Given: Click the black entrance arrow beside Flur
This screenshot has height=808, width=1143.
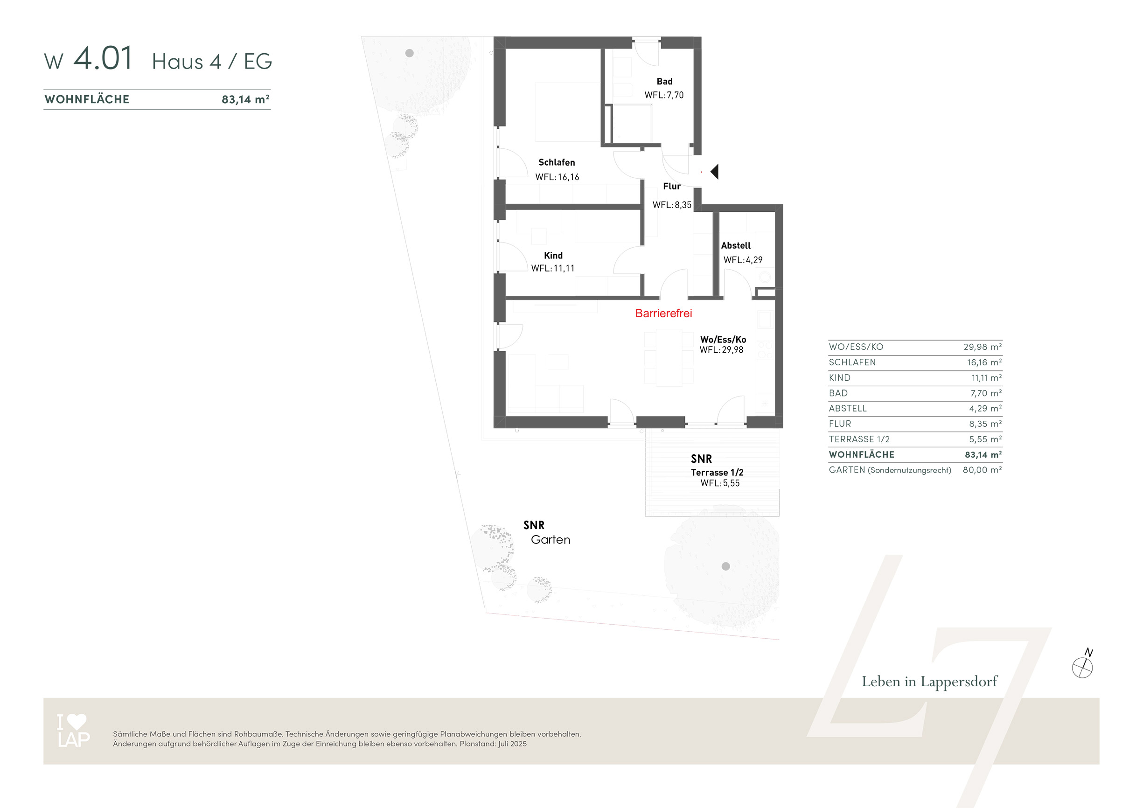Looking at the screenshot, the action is pyautogui.click(x=715, y=172).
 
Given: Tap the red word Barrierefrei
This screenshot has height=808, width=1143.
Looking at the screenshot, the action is pyautogui.click(x=663, y=313).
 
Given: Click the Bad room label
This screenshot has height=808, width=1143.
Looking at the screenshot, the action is pyautogui.click(x=665, y=81).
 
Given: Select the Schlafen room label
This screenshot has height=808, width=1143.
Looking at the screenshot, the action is pyautogui.click(x=557, y=162).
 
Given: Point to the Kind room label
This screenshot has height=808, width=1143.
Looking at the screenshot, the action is pyautogui.click(x=553, y=255).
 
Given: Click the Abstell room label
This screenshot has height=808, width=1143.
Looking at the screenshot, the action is pyautogui.click(x=736, y=245).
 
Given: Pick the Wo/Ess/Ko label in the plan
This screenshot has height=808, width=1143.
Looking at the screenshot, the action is pyautogui.click(x=723, y=340).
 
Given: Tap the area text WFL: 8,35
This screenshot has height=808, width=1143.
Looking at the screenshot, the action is pyautogui.click(x=672, y=205).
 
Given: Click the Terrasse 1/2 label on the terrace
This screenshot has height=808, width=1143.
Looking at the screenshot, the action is pyautogui.click(x=717, y=473).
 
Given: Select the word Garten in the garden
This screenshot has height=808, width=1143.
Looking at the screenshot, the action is pyautogui.click(x=550, y=540).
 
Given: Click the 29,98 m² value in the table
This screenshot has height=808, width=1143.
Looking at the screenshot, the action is pyautogui.click(x=982, y=347).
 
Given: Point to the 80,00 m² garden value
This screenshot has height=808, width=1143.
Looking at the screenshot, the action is pyautogui.click(x=982, y=470).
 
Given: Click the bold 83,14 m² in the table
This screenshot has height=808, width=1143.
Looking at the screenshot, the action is pyautogui.click(x=983, y=454).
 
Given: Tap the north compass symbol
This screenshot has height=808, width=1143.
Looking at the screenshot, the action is pyautogui.click(x=1083, y=664).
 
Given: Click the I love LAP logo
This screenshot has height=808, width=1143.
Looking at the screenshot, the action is pyautogui.click(x=73, y=731).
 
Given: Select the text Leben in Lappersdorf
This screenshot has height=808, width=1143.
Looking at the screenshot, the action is pyautogui.click(x=929, y=682).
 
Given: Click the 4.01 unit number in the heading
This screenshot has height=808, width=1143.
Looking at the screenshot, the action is pyautogui.click(x=103, y=58).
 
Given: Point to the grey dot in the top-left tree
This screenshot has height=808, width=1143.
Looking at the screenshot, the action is pyautogui.click(x=409, y=53).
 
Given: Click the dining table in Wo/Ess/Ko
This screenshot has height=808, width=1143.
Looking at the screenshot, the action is pyautogui.click(x=669, y=358).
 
